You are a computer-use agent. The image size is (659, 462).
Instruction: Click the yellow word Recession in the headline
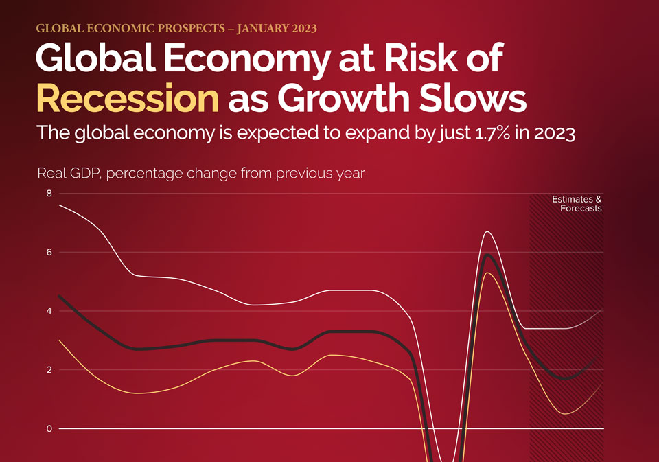tap(128, 98)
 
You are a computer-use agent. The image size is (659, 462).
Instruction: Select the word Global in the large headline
tap(96, 58)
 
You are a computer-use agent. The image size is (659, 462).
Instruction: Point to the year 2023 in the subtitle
tap(555, 133)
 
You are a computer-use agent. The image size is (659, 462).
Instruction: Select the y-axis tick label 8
tap(49, 194)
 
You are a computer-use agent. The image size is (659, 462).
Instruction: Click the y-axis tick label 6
tap(49, 252)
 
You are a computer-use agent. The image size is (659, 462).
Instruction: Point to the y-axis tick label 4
tap(49, 311)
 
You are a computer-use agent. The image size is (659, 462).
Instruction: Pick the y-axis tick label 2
tap(49, 370)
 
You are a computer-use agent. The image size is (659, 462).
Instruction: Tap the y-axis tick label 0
tap(49, 429)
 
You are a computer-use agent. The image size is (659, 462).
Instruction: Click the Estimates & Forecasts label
tap(577, 204)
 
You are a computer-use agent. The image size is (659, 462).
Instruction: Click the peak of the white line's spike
tap(487, 231)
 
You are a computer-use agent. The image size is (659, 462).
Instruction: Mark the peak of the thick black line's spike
tap(487, 255)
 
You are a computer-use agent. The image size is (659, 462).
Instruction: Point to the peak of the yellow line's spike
tap(487, 273)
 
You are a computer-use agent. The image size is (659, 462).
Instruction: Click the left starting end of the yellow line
tap(59, 340)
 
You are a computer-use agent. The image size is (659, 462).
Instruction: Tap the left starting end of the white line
tap(59, 205)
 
